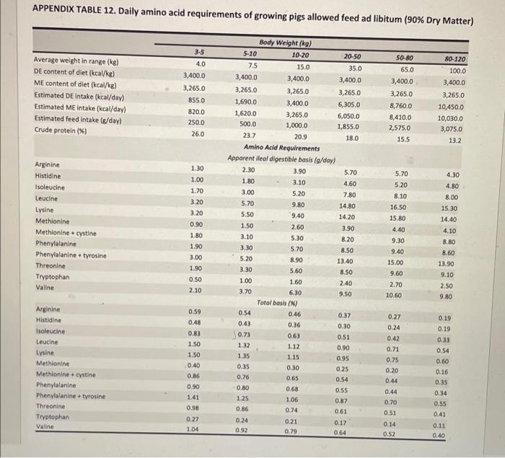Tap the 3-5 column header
pyautogui.click(x=199, y=51)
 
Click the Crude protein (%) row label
pyautogui.click(x=60, y=131)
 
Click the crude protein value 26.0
pyautogui.click(x=196, y=133)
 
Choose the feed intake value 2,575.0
pyautogui.click(x=400, y=126)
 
